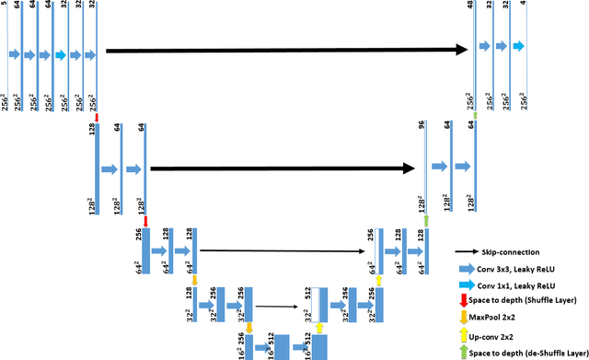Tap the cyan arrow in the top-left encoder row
pos(60,54)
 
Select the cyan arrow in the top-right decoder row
pos(520,45)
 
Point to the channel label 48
pos(470,5)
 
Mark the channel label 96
pos(422,124)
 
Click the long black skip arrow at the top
pos(286,50)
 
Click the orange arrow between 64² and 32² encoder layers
pos(194,278)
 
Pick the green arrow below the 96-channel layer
pos(426,221)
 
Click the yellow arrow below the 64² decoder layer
pos(378,277)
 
